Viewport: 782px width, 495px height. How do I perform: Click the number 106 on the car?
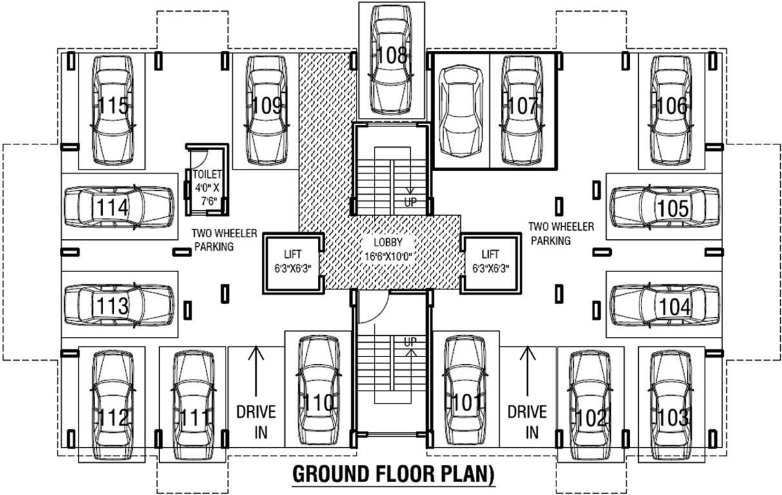[x=673, y=106]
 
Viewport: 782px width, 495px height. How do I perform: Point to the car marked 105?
[x=663, y=207]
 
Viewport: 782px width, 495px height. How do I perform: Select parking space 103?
[x=673, y=406]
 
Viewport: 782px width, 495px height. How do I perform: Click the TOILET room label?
[x=207, y=174]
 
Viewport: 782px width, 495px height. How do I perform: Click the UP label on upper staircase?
[x=410, y=202]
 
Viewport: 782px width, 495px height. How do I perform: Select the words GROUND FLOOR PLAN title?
[x=393, y=474]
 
